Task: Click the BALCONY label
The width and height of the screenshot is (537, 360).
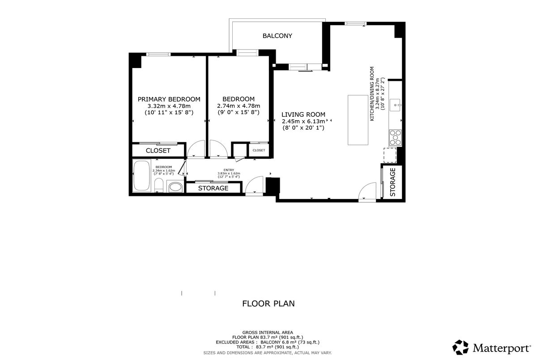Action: pyautogui.click(x=277, y=36)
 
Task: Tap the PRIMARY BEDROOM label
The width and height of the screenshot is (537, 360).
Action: pyautogui.click(x=169, y=99)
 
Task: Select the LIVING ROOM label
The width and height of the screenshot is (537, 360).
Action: pyautogui.click(x=303, y=114)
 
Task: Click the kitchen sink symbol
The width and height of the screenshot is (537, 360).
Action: pyautogui.click(x=395, y=105)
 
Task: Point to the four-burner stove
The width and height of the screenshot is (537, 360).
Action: pyautogui.click(x=395, y=137)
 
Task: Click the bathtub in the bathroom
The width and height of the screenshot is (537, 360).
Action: pyautogui.click(x=141, y=176)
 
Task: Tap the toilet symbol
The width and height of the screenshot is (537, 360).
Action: pyautogui.click(x=159, y=185)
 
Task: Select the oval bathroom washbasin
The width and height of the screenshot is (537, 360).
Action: pyautogui.click(x=175, y=187)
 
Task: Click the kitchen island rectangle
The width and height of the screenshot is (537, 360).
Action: pyautogui.click(x=358, y=120)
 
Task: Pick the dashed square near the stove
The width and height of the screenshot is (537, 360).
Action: pyautogui.click(x=390, y=155)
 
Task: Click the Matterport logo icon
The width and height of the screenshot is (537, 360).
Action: pyautogui.click(x=460, y=347)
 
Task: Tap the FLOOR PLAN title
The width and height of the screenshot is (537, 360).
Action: pyautogui.click(x=268, y=304)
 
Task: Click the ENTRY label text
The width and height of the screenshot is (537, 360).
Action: pyautogui.click(x=229, y=170)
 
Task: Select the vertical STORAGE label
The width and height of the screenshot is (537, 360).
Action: pyautogui.click(x=393, y=182)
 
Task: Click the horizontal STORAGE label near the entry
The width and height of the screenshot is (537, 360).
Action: pyautogui.click(x=213, y=188)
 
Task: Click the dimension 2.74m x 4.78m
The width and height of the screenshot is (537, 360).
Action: pyautogui.click(x=239, y=106)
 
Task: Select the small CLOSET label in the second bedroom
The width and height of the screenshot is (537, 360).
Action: pyautogui.click(x=259, y=150)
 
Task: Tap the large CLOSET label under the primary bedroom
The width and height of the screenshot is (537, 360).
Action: pyautogui.click(x=158, y=151)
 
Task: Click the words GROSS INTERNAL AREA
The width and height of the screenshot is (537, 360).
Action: pyautogui.click(x=268, y=332)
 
